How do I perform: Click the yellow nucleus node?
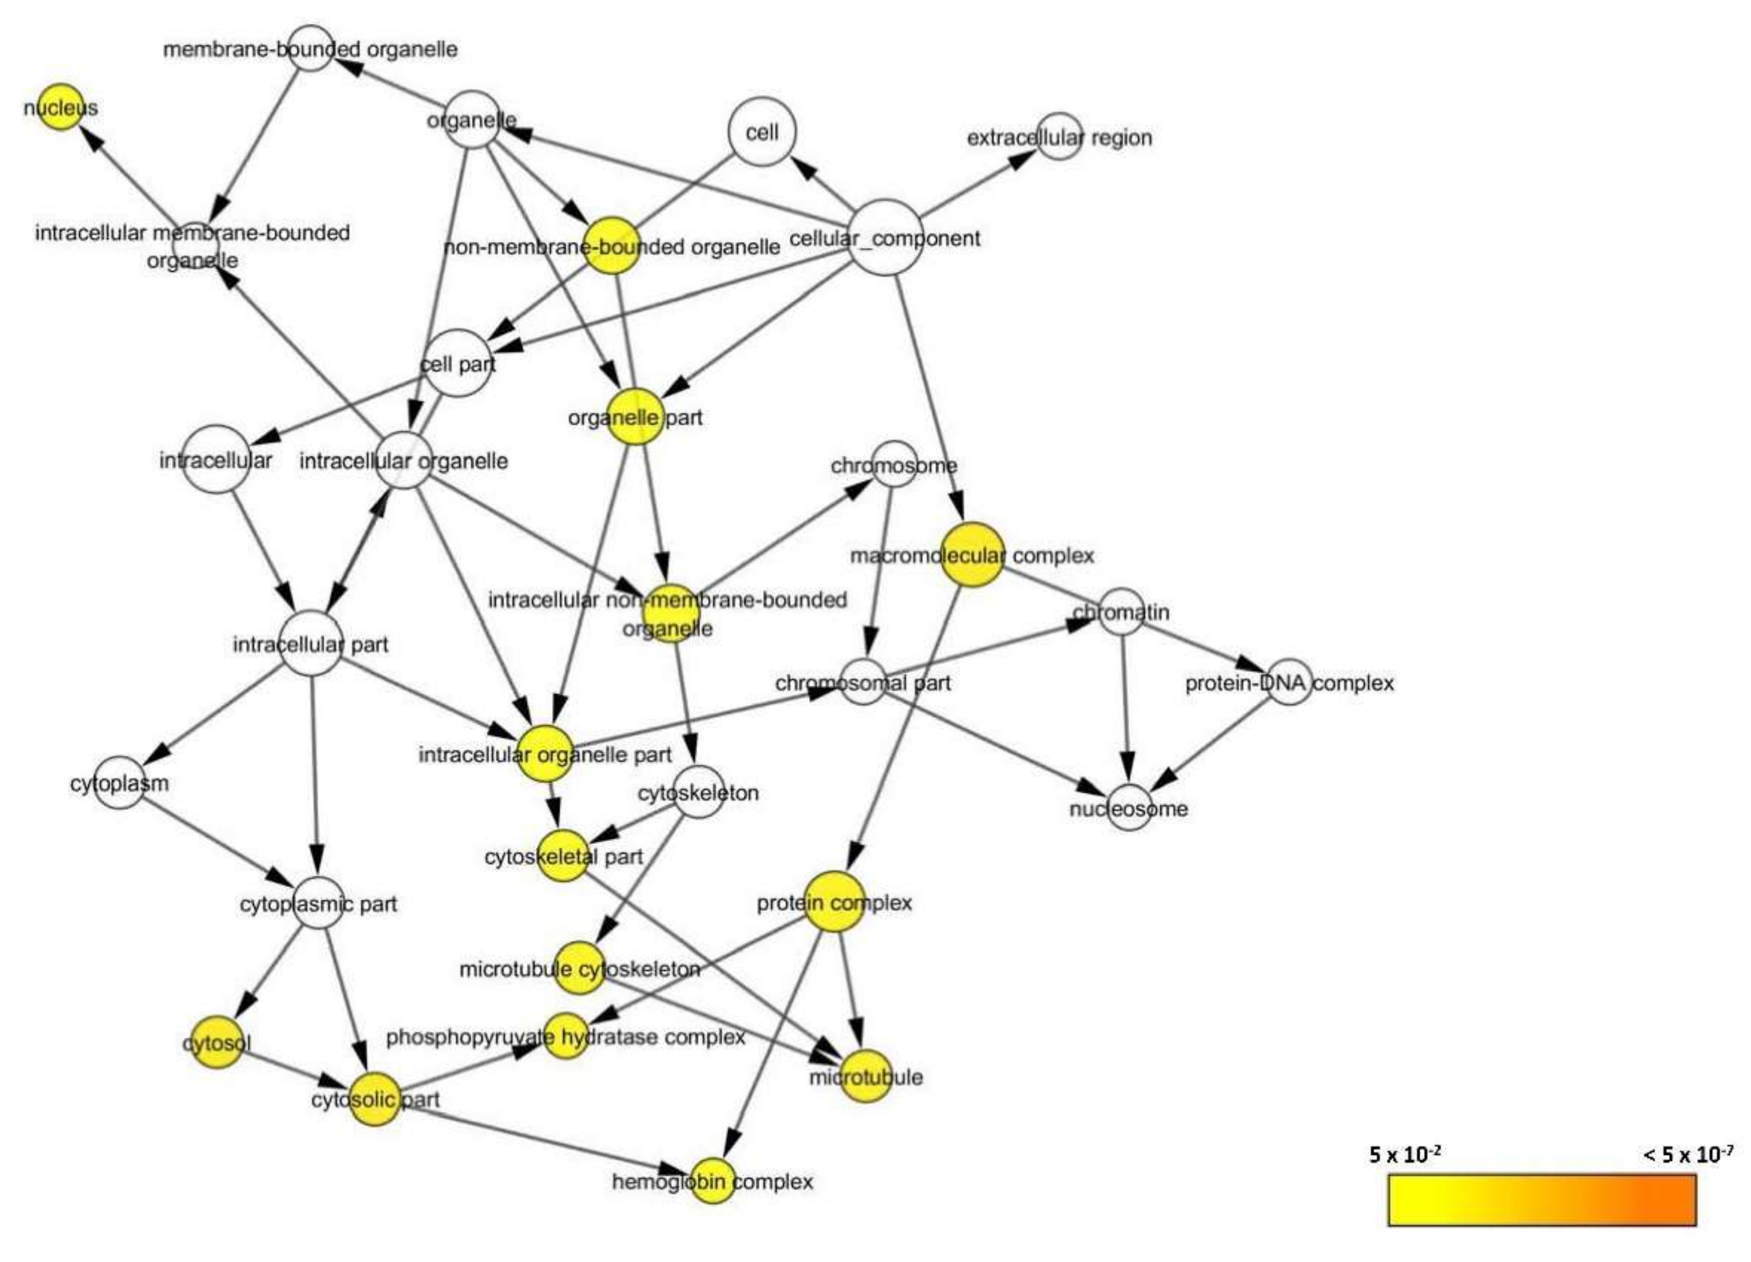click(x=61, y=107)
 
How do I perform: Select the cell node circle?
click(x=762, y=132)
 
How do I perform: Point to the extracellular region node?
click(x=1059, y=137)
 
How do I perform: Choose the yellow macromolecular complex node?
click(x=973, y=554)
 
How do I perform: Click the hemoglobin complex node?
click(x=712, y=1181)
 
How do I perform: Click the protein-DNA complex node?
click(x=1290, y=683)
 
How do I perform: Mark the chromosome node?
click(x=894, y=465)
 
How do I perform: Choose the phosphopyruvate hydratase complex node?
click(x=566, y=1036)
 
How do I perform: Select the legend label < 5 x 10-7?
click(x=1688, y=1155)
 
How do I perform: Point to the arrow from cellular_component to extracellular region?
click(x=977, y=181)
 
